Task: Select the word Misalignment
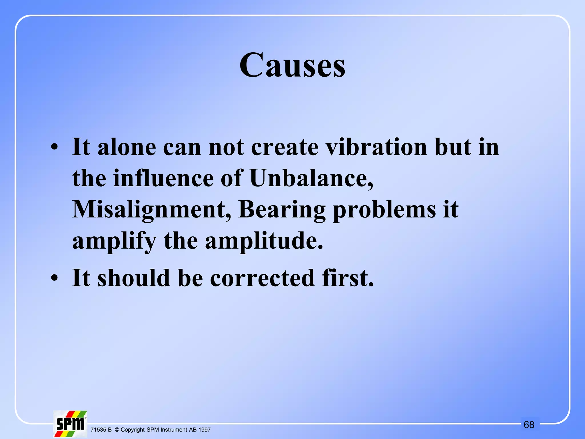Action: tap(152, 209)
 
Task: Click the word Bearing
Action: tap(282, 210)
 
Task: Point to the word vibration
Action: tap(376, 147)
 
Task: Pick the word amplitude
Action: tap(264, 241)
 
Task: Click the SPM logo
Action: tap(70, 424)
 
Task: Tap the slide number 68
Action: tap(529, 425)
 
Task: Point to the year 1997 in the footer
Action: tap(205, 430)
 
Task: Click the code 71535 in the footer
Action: tap(98, 430)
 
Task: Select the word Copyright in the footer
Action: tap(133, 430)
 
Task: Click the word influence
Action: tap(163, 178)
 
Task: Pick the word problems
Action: tap(384, 210)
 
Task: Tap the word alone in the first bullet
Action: tap(127, 147)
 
